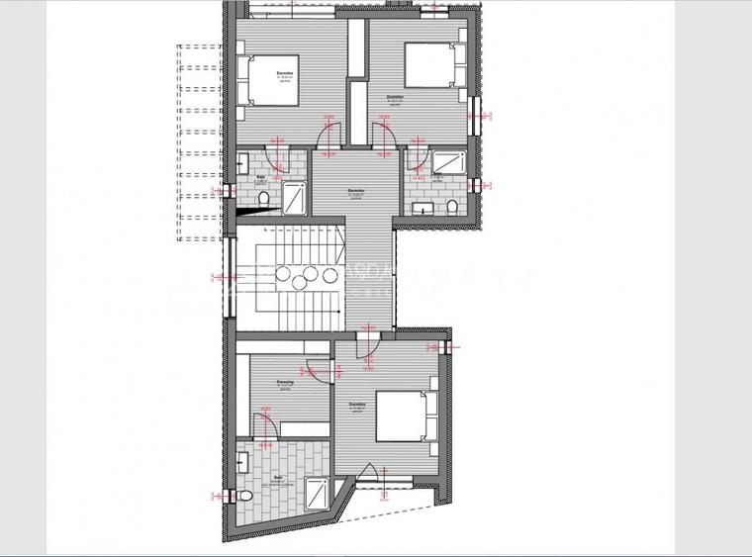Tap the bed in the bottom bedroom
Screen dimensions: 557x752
[404, 416]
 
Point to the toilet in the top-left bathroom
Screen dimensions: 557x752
[264, 201]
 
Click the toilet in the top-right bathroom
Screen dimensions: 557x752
[452, 206]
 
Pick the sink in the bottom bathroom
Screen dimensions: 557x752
[243, 460]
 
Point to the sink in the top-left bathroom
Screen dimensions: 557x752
[242, 164]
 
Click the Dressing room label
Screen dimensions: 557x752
[284, 381]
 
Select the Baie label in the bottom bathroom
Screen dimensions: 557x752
[278, 478]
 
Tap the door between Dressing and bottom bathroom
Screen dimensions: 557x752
[264, 426]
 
